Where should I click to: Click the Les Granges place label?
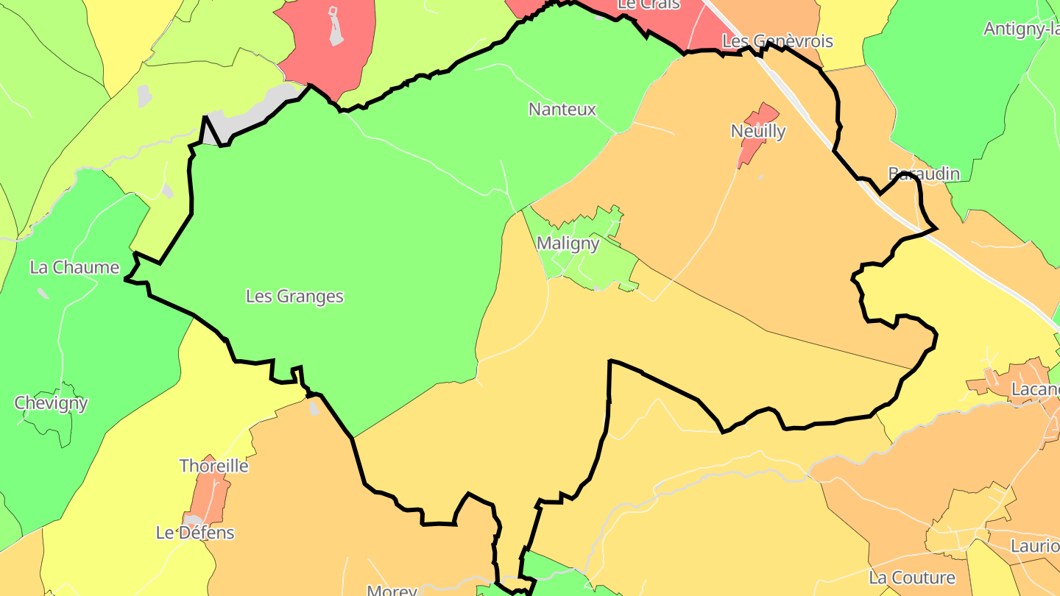pyautogui.click(x=294, y=297)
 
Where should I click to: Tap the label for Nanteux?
pyautogui.click(x=562, y=110)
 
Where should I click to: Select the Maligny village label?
pyautogui.click(x=568, y=243)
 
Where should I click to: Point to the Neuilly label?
pyautogui.click(x=757, y=132)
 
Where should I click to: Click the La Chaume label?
pyautogui.click(x=74, y=267)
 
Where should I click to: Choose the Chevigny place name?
pyautogui.click(x=51, y=403)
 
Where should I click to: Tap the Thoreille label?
pyautogui.click(x=214, y=466)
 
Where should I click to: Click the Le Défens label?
pyautogui.click(x=195, y=533)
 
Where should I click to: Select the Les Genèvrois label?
pyautogui.click(x=777, y=41)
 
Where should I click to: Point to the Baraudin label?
pyautogui.click(x=924, y=174)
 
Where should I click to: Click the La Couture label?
pyautogui.click(x=911, y=578)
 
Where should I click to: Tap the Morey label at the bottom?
pyautogui.click(x=392, y=590)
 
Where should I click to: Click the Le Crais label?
pyautogui.click(x=638, y=4)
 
